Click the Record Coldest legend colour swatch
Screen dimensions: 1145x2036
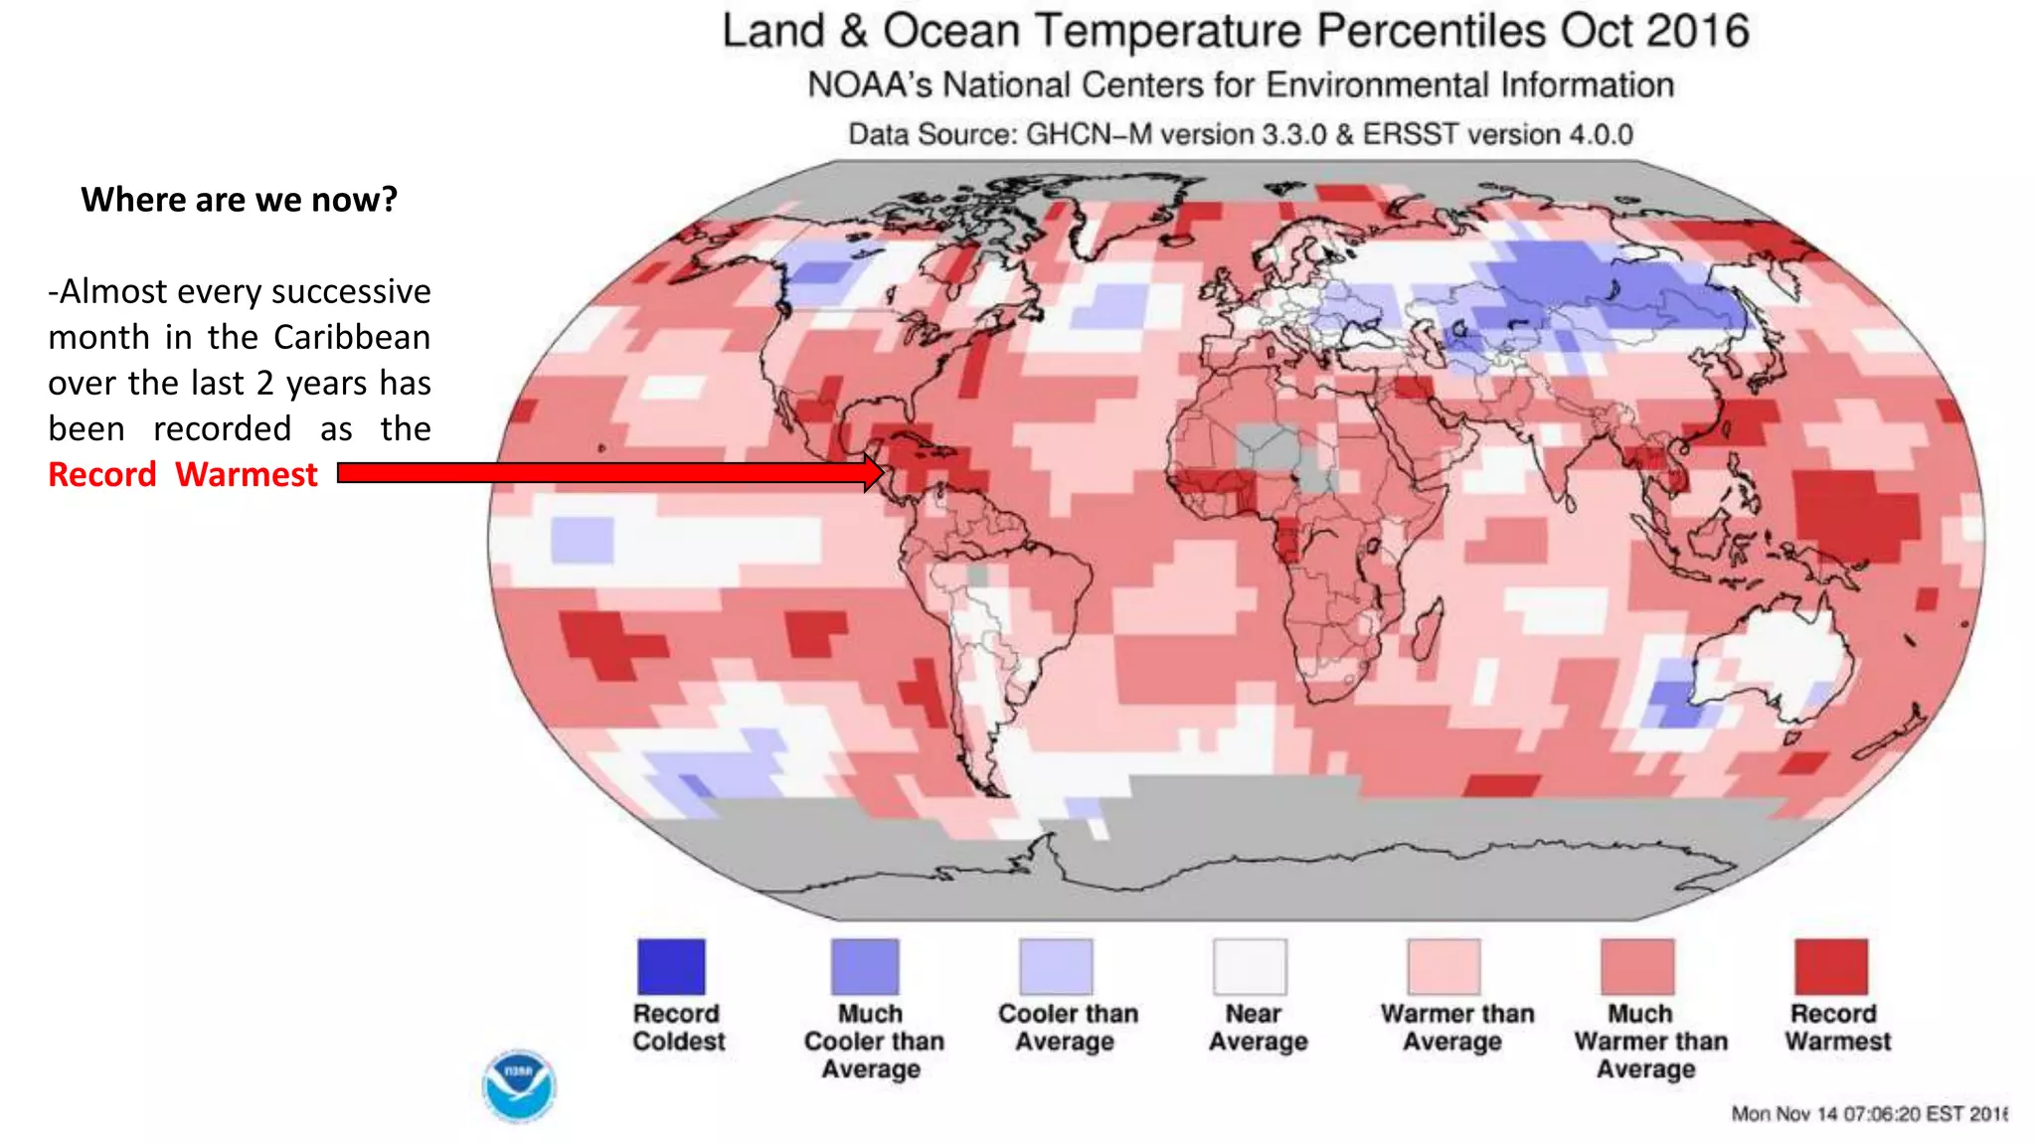[671, 966]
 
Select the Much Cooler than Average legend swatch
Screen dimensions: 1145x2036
[865, 966]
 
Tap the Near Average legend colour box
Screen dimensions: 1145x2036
[1250, 966]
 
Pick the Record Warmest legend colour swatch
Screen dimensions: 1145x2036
[1830, 966]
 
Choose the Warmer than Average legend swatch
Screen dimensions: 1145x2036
[1443, 966]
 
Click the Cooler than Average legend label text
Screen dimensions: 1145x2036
[1067, 1028]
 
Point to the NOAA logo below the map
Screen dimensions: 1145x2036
[518, 1086]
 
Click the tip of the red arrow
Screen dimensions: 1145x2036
[881, 473]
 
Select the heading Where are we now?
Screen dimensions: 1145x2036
[239, 200]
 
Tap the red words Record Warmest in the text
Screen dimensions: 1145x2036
[183, 475]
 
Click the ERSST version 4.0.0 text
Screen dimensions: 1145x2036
[1497, 134]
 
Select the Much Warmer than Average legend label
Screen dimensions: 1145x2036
[1649, 1042]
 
